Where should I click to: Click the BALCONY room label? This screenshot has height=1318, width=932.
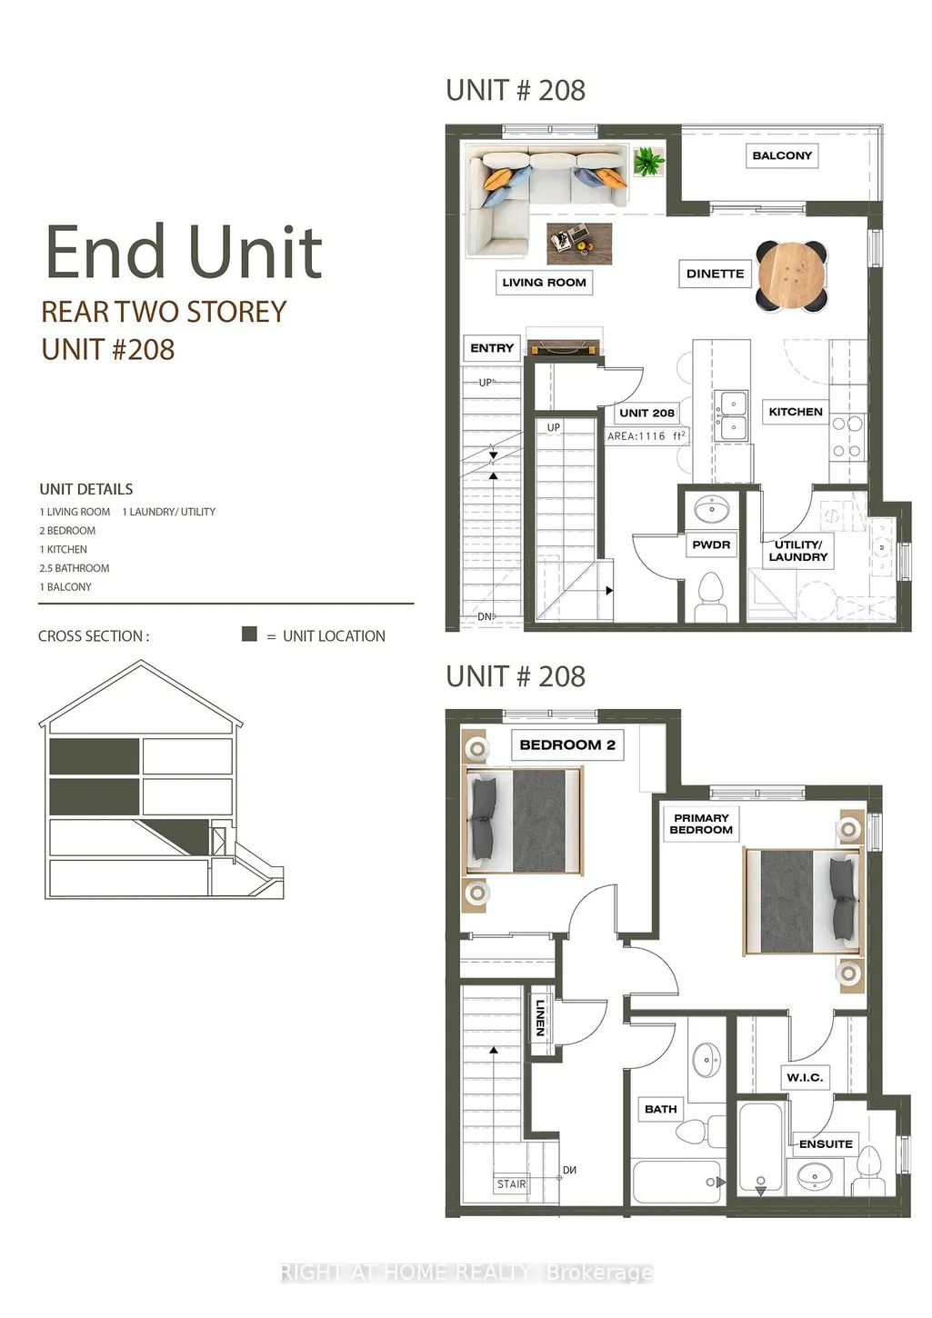click(x=781, y=155)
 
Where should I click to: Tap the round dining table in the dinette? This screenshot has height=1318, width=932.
click(x=792, y=275)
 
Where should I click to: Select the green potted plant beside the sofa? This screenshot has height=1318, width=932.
click(x=649, y=161)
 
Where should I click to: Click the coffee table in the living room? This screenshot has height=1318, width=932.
click(x=579, y=243)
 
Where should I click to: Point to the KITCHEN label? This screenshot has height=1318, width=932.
click(x=796, y=412)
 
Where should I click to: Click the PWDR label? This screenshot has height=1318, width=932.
click(x=711, y=544)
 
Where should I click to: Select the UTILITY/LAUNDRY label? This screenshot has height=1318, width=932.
click(x=797, y=551)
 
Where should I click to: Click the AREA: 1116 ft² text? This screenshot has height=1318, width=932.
click(x=646, y=436)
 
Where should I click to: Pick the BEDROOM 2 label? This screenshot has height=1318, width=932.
click(x=567, y=745)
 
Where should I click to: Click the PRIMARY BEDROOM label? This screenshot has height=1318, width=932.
click(x=701, y=824)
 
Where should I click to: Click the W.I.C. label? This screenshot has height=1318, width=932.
click(x=805, y=1078)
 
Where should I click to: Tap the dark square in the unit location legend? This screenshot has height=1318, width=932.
click(x=250, y=634)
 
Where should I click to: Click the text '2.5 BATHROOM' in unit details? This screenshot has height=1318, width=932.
click(x=75, y=568)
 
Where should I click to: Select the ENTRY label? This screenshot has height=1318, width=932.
click(x=492, y=348)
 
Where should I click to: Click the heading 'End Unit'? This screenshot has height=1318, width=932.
click(x=184, y=252)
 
